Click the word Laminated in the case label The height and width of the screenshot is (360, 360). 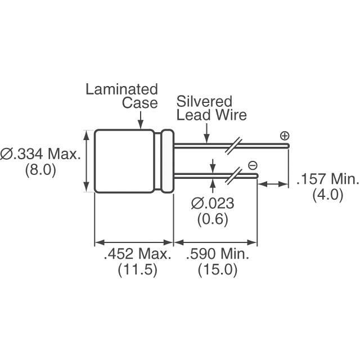click(x=121, y=89)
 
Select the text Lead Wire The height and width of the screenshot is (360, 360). click(x=211, y=115)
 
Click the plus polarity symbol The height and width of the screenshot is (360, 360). click(x=285, y=136)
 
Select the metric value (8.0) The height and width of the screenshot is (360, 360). click(x=40, y=170)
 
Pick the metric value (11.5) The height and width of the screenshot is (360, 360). click(x=137, y=270)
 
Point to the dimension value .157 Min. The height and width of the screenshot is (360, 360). click(x=327, y=180)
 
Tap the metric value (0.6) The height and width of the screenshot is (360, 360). click(x=213, y=219)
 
